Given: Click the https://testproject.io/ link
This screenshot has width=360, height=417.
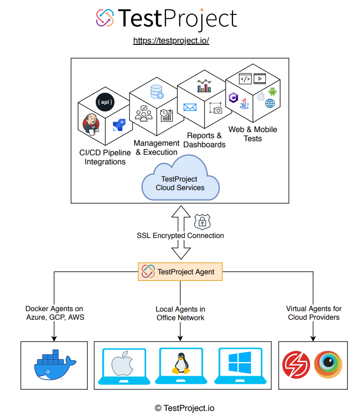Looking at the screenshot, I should [171, 40].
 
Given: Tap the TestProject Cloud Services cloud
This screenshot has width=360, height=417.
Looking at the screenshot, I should [180, 183].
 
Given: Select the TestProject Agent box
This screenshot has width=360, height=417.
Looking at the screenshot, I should [180, 271].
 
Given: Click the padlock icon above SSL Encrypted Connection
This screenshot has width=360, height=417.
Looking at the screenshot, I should [202, 221].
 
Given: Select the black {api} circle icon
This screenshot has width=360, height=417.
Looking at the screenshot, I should [104, 102].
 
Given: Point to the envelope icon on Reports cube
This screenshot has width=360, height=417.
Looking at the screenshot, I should [190, 107].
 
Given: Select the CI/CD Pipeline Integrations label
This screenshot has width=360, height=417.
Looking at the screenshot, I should [105, 157].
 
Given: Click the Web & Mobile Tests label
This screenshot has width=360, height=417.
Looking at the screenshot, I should [253, 134].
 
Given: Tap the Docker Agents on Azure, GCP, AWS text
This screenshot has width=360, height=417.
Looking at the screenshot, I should [54, 313].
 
